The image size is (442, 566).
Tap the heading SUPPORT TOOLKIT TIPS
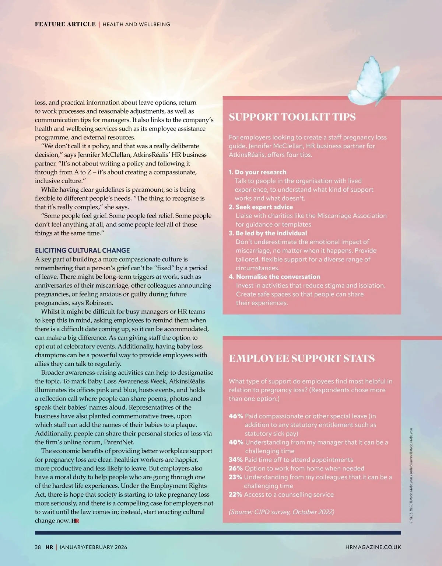pos(292,117)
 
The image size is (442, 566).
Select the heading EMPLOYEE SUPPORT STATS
pos(302,358)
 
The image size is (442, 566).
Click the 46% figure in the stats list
pos(236,416)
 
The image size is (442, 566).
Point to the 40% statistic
pos(236,442)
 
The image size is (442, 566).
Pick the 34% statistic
pos(236,460)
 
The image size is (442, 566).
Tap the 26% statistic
pos(236,468)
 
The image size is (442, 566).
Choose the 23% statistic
pos(236,477)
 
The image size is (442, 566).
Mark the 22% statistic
pos(236,494)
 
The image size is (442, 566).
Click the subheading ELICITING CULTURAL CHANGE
pos(82,250)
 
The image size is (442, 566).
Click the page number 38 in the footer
pos(38,547)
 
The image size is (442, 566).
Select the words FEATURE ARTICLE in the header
pos(65,24)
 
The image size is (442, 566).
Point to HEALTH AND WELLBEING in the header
pos(136,24)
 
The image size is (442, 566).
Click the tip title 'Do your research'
pos(260,172)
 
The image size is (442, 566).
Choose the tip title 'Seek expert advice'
pos(264,207)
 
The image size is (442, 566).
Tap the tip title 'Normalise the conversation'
pos(278,277)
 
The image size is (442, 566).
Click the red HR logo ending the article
pos(75,521)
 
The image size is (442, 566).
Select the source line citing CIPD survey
pos(281,512)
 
